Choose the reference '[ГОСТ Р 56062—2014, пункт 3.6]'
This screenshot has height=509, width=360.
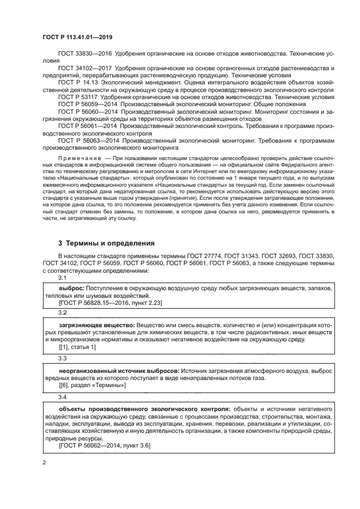pos(104,445)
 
